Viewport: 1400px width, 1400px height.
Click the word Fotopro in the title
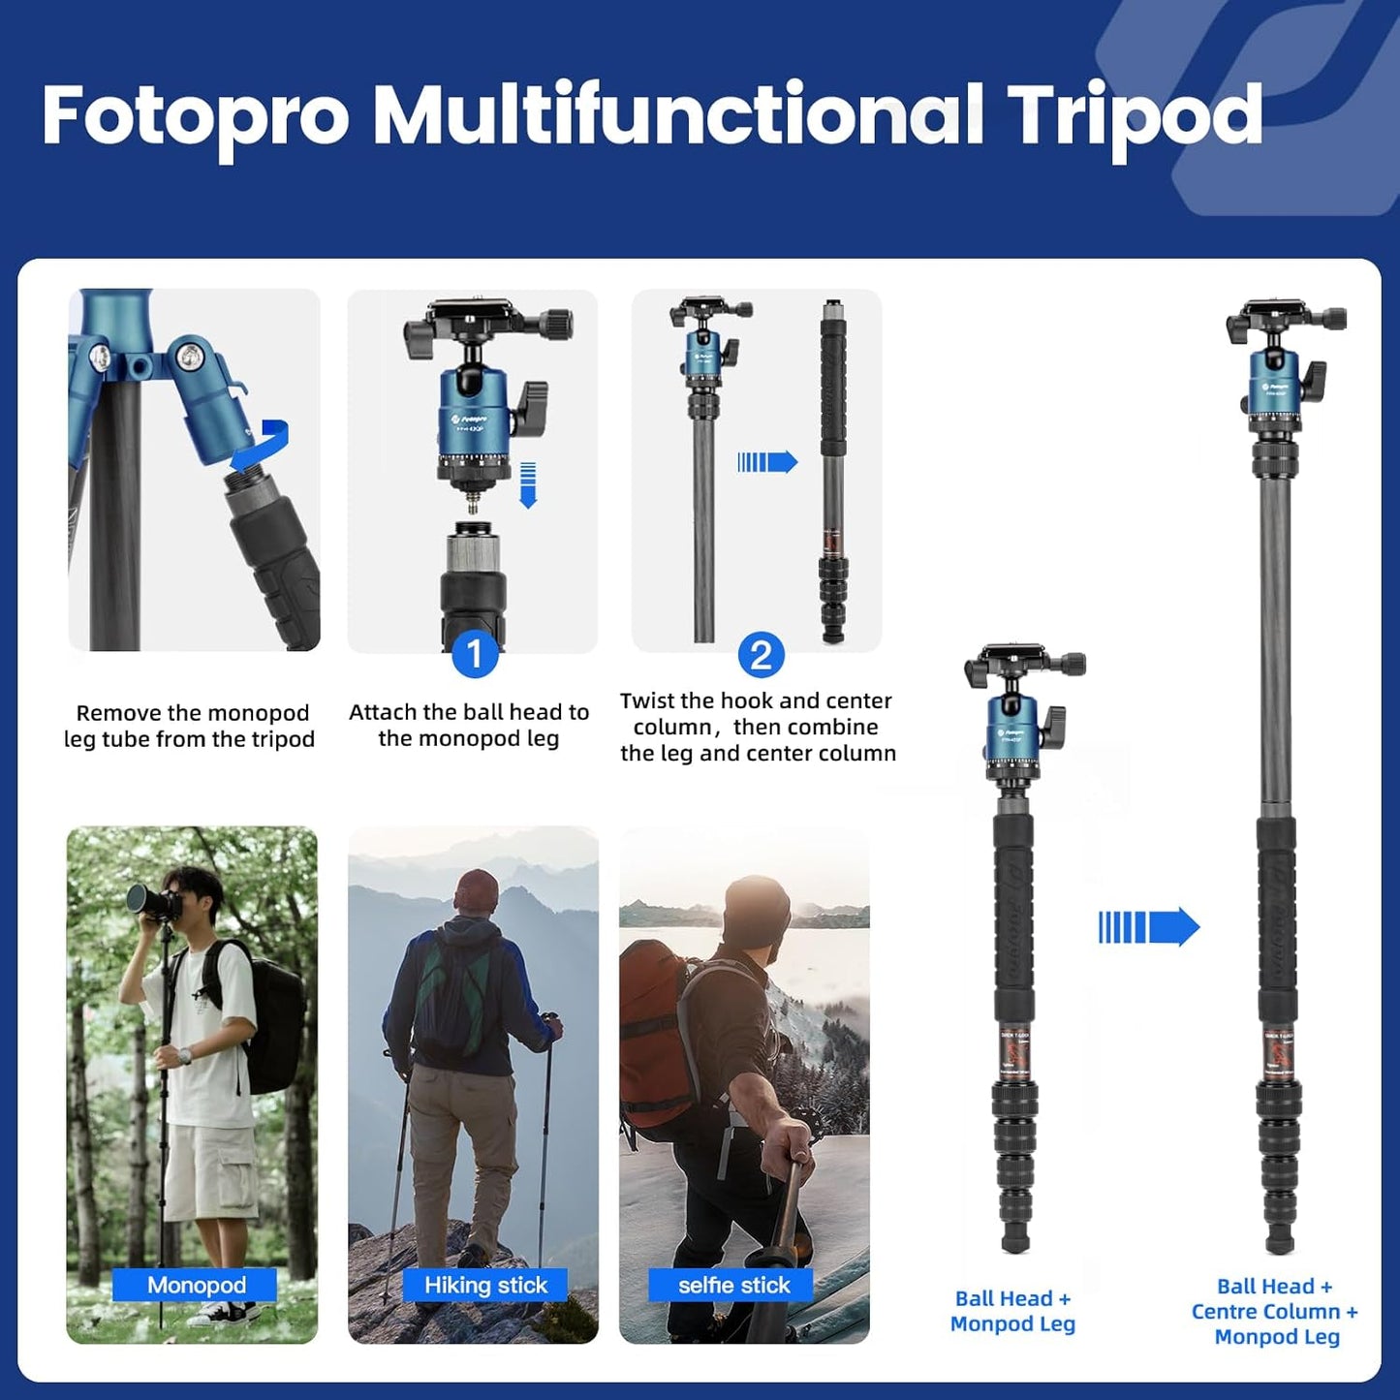(x=195, y=116)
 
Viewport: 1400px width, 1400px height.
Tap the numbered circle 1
(x=475, y=656)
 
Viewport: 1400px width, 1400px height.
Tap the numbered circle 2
(x=761, y=656)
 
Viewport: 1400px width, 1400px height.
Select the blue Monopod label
(x=196, y=1285)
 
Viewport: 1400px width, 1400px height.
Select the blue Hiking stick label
(x=485, y=1285)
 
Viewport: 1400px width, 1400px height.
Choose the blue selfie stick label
(x=733, y=1285)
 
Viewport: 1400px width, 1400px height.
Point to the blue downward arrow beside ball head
(x=528, y=484)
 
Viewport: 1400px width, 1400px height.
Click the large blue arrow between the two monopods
(x=1149, y=927)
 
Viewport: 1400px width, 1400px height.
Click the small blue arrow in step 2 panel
(x=767, y=462)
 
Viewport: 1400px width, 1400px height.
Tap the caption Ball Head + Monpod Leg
(x=1012, y=1311)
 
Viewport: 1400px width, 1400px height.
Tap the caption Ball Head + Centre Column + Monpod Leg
(x=1275, y=1311)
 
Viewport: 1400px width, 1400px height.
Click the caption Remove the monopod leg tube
(x=191, y=726)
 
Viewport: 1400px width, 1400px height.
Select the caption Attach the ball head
(x=469, y=725)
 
